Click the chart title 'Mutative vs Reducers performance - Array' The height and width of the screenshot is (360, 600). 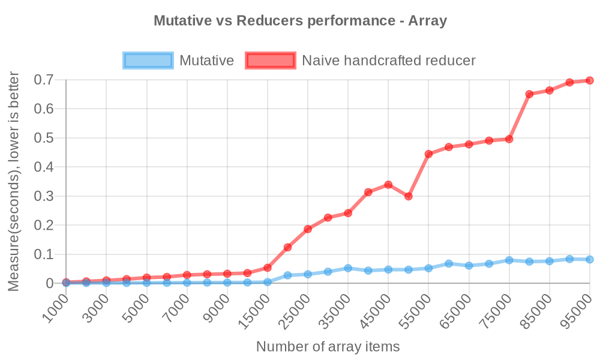pyautogui.click(x=300, y=21)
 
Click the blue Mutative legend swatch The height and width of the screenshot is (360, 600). pyautogui.click(x=148, y=61)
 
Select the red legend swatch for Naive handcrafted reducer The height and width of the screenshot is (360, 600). pyautogui.click(x=270, y=61)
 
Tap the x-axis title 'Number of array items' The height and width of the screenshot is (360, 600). pyautogui.click(x=328, y=347)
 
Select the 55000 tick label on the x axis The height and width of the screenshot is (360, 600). pyautogui.click(x=416, y=308)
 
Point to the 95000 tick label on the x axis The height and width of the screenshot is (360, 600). pyautogui.click(x=577, y=308)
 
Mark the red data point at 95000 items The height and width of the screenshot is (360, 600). pyautogui.click(x=589, y=80)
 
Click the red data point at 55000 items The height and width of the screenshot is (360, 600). pyautogui.click(x=428, y=154)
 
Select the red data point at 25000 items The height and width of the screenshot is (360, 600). pyautogui.click(x=308, y=229)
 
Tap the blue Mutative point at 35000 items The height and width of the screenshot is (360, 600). pyautogui.click(x=348, y=268)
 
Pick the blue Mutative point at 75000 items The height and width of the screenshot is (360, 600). pyautogui.click(x=509, y=260)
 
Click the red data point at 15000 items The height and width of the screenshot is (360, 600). pyautogui.click(x=268, y=268)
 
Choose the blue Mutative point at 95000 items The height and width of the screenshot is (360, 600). pyautogui.click(x=589, y=259)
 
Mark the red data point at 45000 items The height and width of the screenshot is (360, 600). pyautogui.click(x=388, y=184)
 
